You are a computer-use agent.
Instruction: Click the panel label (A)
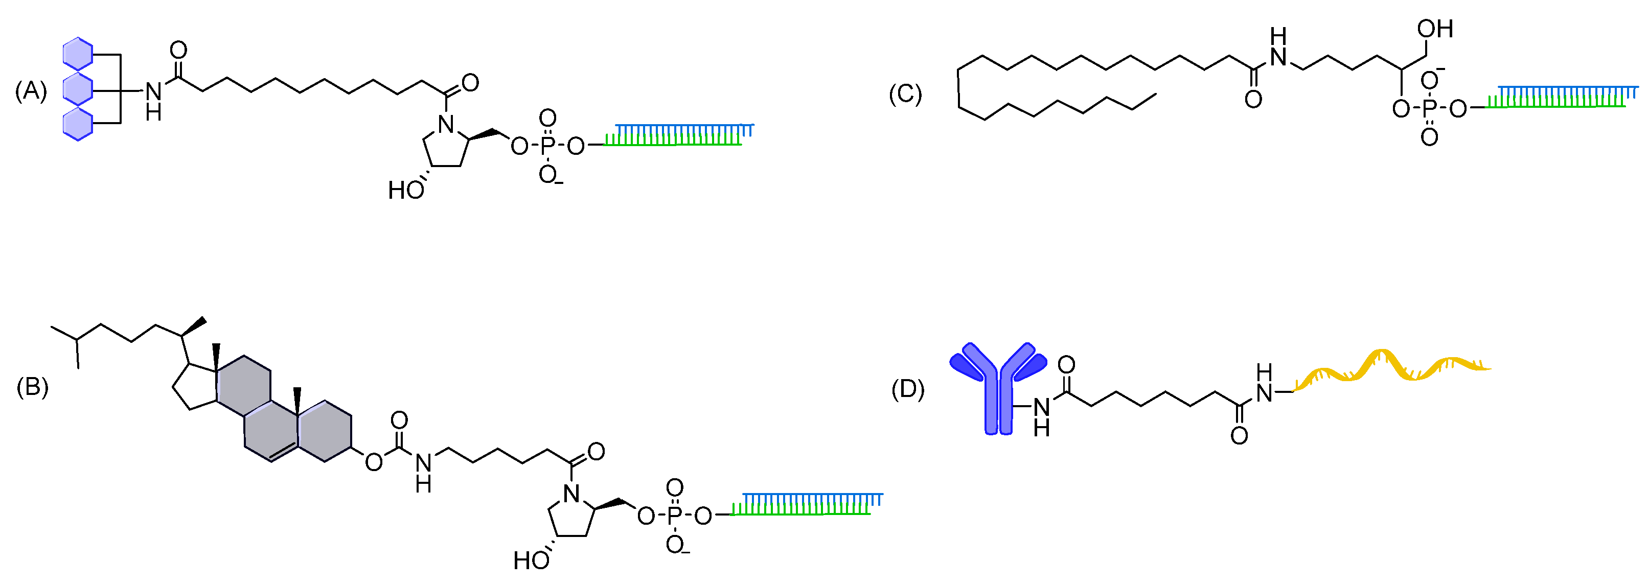[31, 92]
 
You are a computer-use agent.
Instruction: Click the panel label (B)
[32, 387]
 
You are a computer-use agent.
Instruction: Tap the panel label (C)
[905, 94]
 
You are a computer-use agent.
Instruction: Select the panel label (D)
[907, 389]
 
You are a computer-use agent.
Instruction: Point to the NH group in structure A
[153, 100]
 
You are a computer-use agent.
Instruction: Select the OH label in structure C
[1435, 29]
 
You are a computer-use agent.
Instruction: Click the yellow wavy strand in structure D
[1391, 368]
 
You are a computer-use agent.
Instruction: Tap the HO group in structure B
[531, 560]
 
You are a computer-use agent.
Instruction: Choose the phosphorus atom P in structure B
[674, 516]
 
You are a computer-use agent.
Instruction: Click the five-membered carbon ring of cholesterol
[194, 387]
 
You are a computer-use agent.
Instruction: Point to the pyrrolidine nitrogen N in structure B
[572, 493]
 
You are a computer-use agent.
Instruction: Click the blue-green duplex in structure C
[1561, 96]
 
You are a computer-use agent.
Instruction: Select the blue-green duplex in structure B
[806, 504]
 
